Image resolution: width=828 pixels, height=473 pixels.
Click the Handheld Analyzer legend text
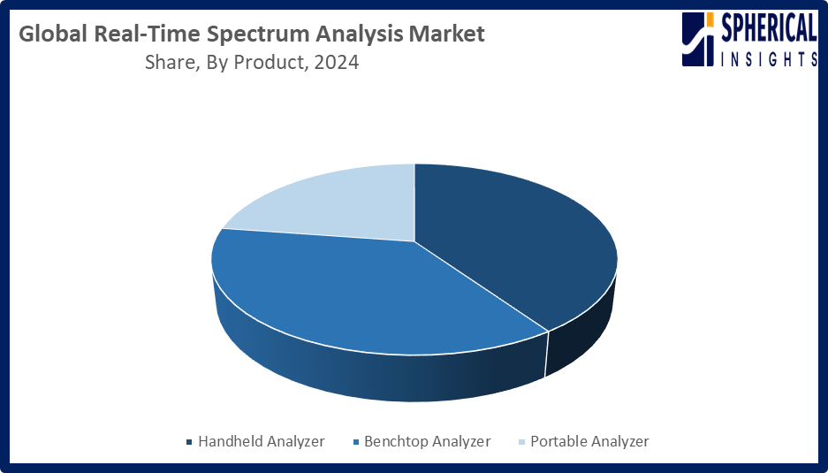262,441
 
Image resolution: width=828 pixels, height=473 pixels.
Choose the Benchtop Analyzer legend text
428,441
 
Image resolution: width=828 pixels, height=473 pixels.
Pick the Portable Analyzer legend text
589,441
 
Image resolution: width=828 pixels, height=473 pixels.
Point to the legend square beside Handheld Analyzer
190,442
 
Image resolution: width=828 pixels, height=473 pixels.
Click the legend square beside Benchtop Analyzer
356,442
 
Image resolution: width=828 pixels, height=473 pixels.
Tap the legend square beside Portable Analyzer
521,442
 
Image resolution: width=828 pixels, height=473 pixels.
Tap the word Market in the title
447,34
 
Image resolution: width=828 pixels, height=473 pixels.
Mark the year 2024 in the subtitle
337,63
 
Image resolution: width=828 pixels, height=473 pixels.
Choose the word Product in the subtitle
270,63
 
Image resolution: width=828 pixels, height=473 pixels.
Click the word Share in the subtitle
168,63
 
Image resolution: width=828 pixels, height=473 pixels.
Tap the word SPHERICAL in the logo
769,28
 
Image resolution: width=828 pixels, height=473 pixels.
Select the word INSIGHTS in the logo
770,59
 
